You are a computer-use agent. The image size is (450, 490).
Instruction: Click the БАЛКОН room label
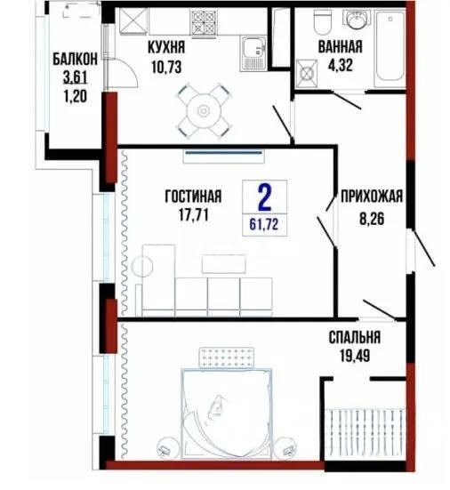click(x=68, y=58)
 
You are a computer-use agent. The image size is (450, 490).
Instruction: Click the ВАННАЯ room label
click(x=340, y=48)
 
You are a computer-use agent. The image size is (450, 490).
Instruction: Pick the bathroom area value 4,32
click(x=340, y=64)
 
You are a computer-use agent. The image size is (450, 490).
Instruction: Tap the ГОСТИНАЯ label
click(x=193, y=197)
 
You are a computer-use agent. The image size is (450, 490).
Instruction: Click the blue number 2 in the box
click(x=263, y=194)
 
